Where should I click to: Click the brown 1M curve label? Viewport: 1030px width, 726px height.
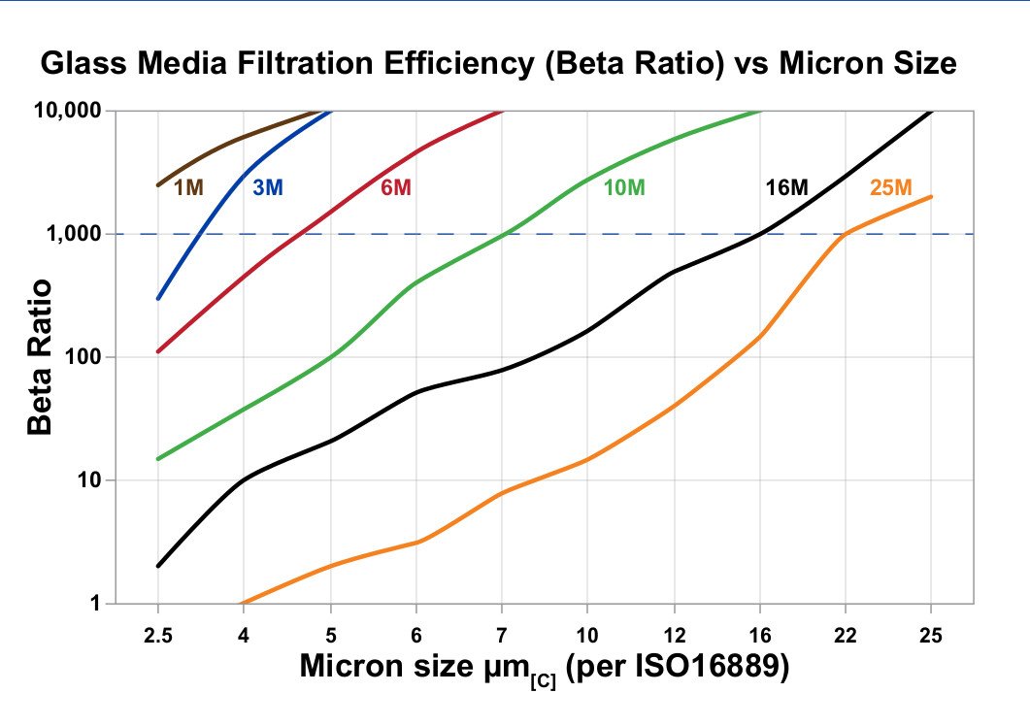pos(188,187)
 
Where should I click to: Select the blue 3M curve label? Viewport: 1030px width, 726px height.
pos(268,187)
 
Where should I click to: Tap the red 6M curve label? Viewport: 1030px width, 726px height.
pos(395,187)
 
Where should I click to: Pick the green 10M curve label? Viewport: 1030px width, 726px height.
pos(624,187)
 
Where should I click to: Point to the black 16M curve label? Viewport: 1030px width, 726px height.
pos(786,187)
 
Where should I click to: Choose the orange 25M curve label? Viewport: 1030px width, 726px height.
pos(890,187)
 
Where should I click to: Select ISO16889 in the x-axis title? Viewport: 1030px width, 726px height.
pos(709,668)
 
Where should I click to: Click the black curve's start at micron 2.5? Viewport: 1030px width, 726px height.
pos(157,566)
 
